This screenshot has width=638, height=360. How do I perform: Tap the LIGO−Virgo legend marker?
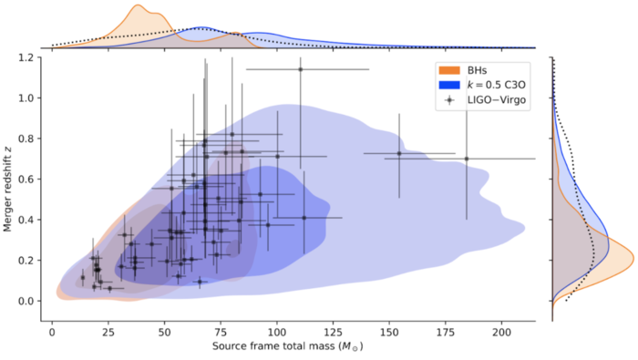coord(449,99)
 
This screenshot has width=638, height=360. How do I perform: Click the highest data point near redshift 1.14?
coord(300,69)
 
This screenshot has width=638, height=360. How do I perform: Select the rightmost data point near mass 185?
coord(467,159)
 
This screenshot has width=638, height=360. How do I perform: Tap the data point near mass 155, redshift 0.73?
coord(399,153)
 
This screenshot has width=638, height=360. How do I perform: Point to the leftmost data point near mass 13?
coord(82,278)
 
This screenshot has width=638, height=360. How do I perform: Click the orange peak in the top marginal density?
coord(138,7)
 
